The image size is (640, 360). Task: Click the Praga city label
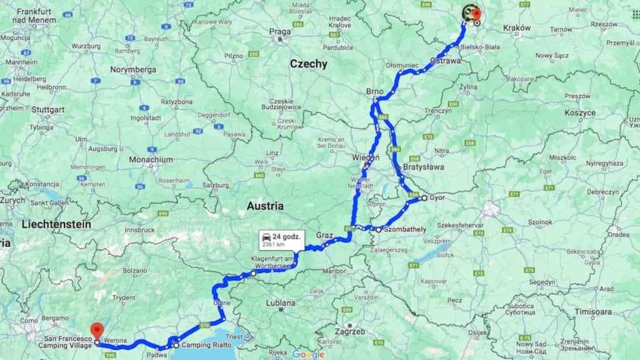(x=280, y=31)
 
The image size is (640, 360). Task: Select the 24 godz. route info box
(x=281, y=240)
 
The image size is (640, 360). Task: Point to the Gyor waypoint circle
(x=424, y=198)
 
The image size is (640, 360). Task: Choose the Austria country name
(x=264, y=206)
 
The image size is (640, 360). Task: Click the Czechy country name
(x=308, y=64)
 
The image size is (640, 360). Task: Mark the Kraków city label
(x=516, y=28)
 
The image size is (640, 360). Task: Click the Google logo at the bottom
(x=308, y=354)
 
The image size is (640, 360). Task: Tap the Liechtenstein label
(x=56, y=224)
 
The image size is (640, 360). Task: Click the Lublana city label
(x=280, y=302)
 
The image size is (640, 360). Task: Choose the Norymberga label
(x=133, y=69)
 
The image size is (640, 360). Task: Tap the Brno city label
(x=374, y=92)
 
